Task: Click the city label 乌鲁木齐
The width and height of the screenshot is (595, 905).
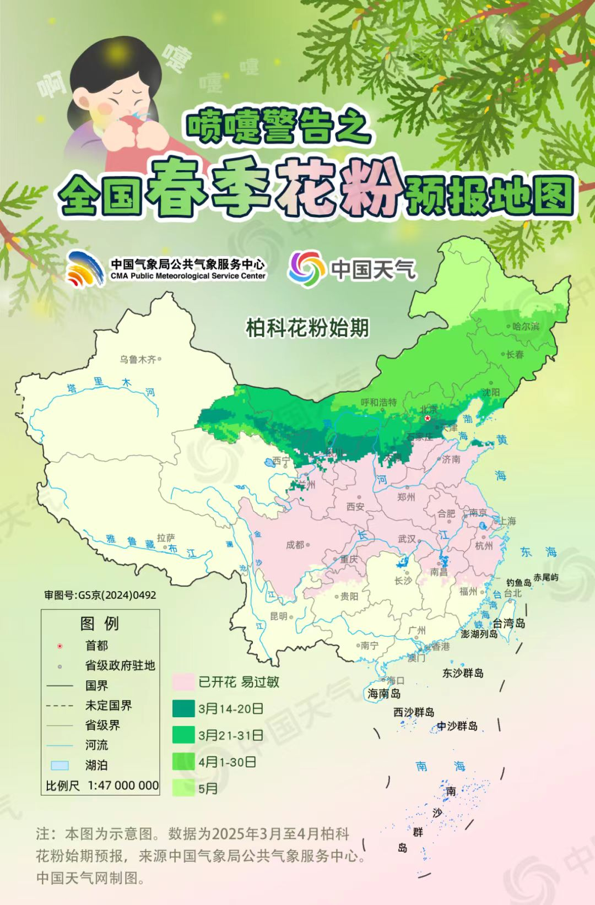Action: [138, 360]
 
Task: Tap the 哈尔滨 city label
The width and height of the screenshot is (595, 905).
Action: [526, 326]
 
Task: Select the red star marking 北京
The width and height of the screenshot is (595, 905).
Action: [428, 419]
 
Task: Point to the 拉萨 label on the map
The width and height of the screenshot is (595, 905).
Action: [165, 538]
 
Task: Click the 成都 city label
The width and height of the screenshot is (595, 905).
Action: [295, 545]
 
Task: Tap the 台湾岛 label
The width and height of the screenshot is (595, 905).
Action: [509, 623]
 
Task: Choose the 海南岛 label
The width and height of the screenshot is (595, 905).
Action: [384, 693]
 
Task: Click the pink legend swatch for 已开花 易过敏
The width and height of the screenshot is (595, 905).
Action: [183, 682]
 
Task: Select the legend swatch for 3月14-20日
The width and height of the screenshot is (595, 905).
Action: [183, 708]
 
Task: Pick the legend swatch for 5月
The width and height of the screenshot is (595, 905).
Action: [183, 788]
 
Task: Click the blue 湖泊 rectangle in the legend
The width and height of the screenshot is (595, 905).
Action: [59, 765]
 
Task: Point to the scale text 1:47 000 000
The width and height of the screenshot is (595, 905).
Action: [123, 785]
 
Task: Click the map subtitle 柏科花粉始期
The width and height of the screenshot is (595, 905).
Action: [307, 328]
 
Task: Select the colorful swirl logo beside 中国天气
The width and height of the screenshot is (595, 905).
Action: [306, 268]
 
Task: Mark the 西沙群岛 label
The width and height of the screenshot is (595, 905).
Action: [413, 712]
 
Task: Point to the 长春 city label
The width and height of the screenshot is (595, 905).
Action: [515, 355]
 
